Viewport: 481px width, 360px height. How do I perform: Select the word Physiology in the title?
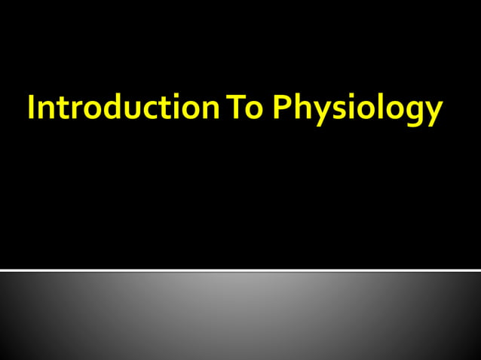coord(357,110)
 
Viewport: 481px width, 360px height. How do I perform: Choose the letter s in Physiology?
coord(335,111)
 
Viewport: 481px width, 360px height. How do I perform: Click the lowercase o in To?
coord(253,111)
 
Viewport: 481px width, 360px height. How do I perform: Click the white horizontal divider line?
coord(240,270)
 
